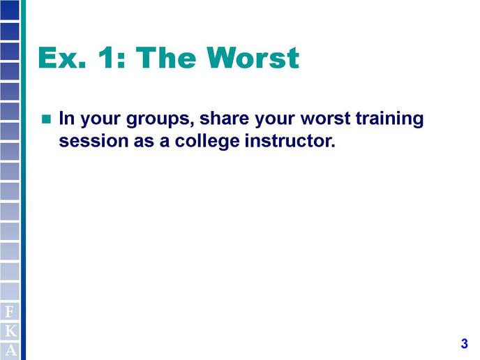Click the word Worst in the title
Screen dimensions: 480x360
(253, 57)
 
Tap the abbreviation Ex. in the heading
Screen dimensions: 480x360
(62, 57)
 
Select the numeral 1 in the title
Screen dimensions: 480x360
(106, 57)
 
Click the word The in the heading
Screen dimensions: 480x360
(165, 57)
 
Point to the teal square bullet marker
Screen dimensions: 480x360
(46, 119)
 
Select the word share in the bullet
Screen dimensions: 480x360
(225, 118)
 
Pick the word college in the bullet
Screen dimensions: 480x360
(207, 142)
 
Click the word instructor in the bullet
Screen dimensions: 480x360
(288, 141)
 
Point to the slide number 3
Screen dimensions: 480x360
(464, 343)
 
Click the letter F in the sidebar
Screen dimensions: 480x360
(10, 312)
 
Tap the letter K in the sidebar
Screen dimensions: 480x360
(10, 331)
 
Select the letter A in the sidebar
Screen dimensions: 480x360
(10, 350)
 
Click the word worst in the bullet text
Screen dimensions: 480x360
(325, 119)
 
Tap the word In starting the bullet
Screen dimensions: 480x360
(67, 118)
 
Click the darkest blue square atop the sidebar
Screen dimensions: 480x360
(10, 10)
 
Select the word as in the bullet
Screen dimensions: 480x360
(144, 142)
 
